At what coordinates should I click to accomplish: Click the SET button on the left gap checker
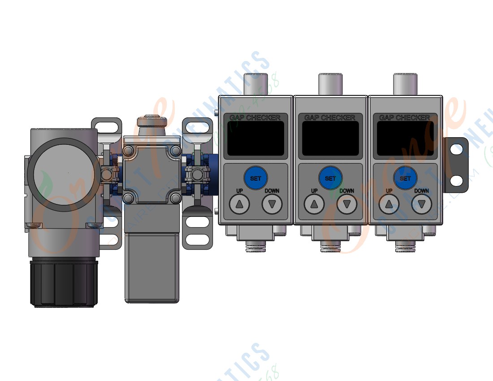click(255, 178)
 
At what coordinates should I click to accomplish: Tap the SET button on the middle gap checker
click(330, 178)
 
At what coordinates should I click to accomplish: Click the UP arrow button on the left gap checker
click(239, 205)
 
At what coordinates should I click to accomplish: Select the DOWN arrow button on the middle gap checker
click(346, 205)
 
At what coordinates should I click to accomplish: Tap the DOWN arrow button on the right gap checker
click(421, 205)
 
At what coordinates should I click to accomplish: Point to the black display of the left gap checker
click(255, 138)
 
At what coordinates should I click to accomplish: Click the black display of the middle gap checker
click(330, 138)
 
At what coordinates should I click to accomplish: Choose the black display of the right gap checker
click(405, 138)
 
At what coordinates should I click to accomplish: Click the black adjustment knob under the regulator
click(64, 283)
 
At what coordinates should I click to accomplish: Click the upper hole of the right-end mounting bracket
click(456, 149)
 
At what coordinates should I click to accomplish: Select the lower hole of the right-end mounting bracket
click(456, 181)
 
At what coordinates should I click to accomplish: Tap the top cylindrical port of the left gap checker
click(255, 84)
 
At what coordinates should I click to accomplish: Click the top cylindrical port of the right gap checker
click(405, 84)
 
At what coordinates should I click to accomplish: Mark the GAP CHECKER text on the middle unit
click(330, 117)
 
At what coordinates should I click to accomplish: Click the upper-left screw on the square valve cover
click(128, 150)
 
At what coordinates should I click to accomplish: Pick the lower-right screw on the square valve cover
click(176, 198)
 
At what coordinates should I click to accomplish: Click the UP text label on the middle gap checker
click(314, 191)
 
